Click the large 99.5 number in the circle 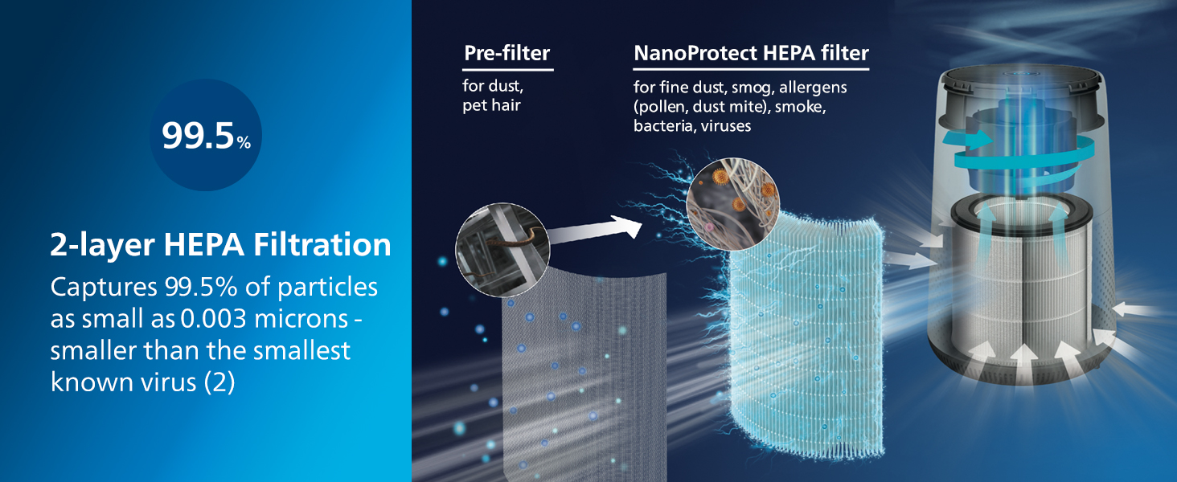click(198, 136)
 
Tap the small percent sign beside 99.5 click(244, 141)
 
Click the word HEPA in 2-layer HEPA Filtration click(204, 245)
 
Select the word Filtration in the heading click(322, 245)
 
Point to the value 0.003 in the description click(213, 319)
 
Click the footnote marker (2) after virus click(219, 382)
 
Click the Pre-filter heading click(507, 53)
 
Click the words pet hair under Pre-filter click(491, 105)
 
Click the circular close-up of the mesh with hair click(502, 250)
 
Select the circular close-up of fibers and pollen click(733, 204)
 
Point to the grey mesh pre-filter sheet click(583, 373)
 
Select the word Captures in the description click(104, 288)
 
